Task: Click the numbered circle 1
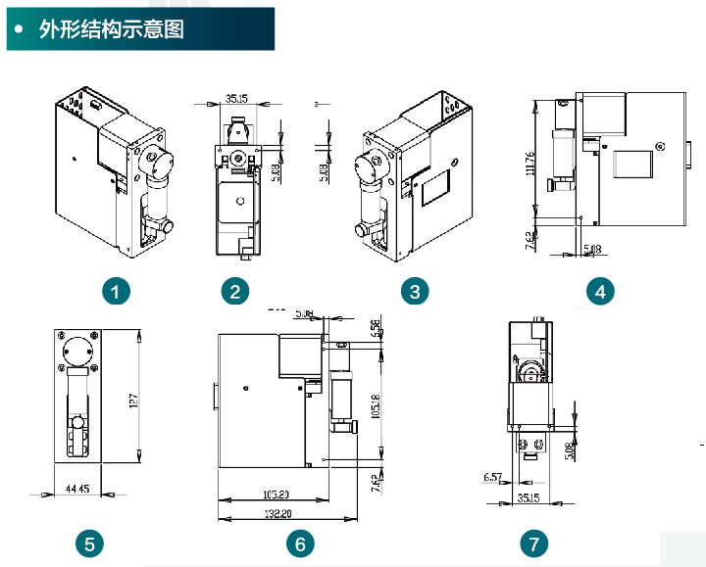coord(118,291)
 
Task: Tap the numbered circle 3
coord(416,291)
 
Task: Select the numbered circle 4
coord(600,291)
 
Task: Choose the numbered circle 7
coord(533,543)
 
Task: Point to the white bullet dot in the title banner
coord(20,29)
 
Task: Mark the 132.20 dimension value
coord(277,512)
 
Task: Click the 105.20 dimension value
coord(277,494)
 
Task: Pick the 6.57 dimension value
coord(493,478)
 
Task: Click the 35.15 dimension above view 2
coord(236,98)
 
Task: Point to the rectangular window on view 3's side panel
coord(434,186)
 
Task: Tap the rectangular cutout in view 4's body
coord(632,163)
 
